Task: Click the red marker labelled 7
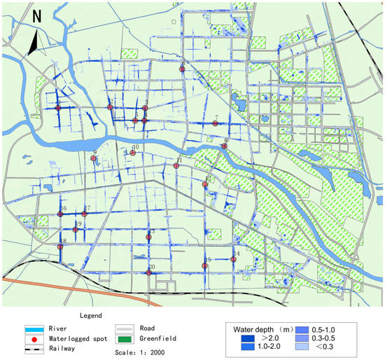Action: pos(216,124)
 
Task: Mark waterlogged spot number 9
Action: pos(93,158)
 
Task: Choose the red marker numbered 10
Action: pos(132,152)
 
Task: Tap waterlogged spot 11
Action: pos(176,166)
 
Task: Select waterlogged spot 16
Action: pos(62,214)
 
